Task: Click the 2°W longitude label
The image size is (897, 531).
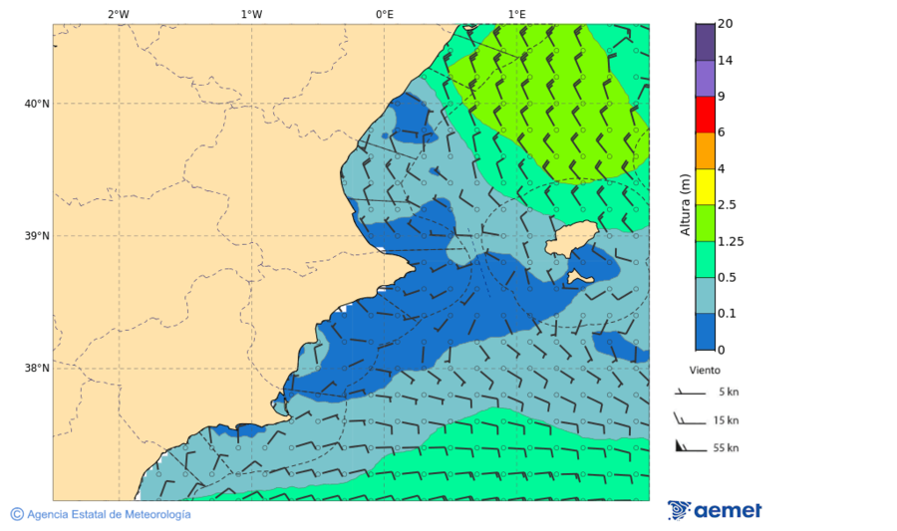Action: (118, 14)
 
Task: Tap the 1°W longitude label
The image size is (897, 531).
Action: (251, 14)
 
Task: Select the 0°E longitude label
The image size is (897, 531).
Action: (384, 14)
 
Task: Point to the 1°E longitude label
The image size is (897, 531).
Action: (516, 14)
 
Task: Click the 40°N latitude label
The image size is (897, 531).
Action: (37, 104)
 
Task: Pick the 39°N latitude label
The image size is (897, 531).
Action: (37, 236)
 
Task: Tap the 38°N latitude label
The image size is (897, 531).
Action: (37, 369)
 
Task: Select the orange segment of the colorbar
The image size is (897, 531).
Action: (705, 150)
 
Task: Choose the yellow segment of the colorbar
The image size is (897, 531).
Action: (705, 186)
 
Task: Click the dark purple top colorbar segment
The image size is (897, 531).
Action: (705, 42)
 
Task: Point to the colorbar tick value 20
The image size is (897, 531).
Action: (725, 24)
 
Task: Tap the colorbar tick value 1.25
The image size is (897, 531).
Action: (732, 241)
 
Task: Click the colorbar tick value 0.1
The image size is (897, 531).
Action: (728, 314)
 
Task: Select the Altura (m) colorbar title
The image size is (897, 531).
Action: (685, 204)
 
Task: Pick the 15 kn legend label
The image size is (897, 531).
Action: (726, 420)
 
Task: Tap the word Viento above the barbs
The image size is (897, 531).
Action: (705, 370)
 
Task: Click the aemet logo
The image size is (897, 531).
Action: (714, 510)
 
